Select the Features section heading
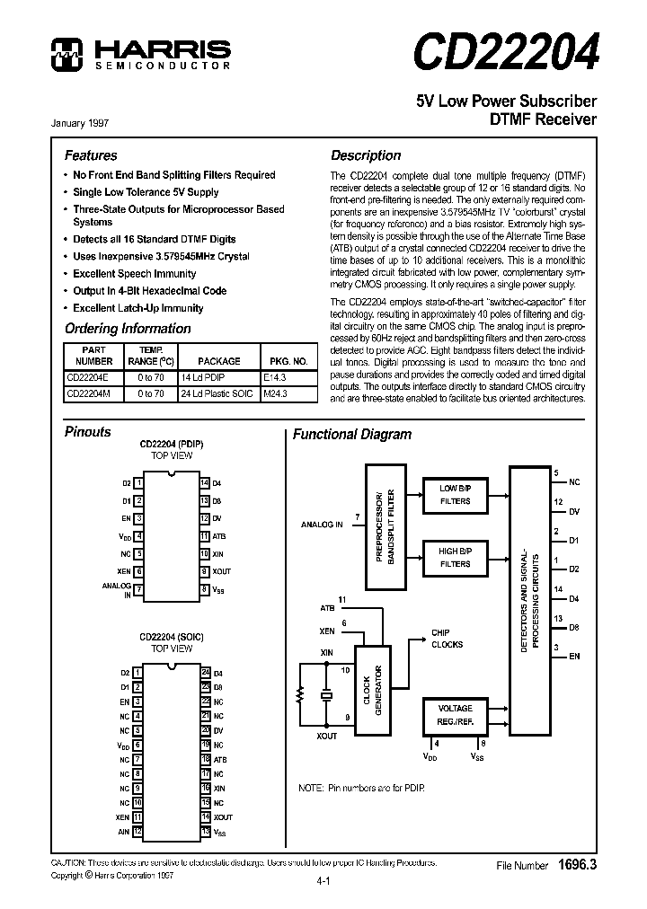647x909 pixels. pyautogui.click(x=91, y=155)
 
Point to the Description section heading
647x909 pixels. pyautogui.click(x=366, y=155)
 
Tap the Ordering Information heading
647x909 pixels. pyautogui.click(x=128, y=329)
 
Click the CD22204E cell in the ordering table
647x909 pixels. pyautogui.click(x=88, y=376)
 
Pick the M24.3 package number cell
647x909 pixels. pyautogui.click(x=275, y=393)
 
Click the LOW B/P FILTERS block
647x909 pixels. pyautogui.click(x=455, y=495)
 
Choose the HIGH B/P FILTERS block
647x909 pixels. pyautogui.click(x=455, y=558)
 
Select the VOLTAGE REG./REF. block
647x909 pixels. pyautogui.click(x=455, y=714)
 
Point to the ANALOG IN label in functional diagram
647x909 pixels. pyautogui.click(x=322, y=524)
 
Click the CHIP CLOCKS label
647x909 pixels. pyautogui.click(x=447, y=639)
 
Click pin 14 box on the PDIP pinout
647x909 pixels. pyautogui.click(x=205, y=483)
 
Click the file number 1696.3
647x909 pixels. pyautogui.click(x=577, y=864)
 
